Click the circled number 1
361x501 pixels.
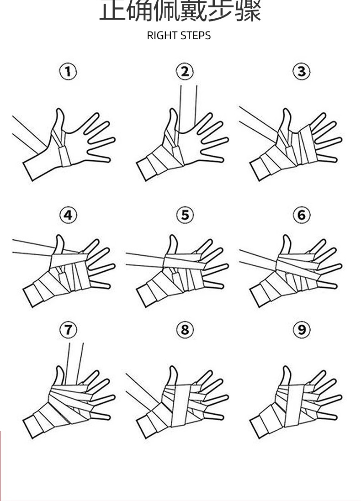point(68,72)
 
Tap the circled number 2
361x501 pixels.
point(185,72)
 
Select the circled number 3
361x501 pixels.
point(301,72)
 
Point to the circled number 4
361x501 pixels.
point(68,215)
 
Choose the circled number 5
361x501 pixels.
point(185,215)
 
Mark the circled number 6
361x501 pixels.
point(301,215)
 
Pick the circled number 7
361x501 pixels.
point(68,329)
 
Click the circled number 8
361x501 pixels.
point(185,329)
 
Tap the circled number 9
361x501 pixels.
point(301,329)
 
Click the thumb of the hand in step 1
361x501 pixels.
point(59,120)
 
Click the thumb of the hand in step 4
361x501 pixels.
point(59,245)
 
